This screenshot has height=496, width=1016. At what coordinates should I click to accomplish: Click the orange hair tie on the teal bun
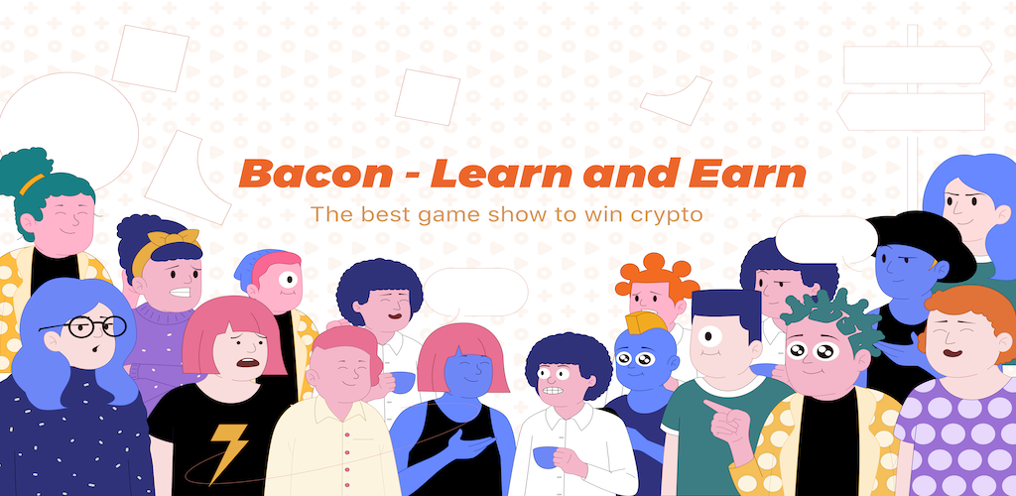pyautogui.click(x=31, y=184)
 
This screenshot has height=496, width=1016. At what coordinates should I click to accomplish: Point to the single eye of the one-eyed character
pyautogui.click(x=286, y=281)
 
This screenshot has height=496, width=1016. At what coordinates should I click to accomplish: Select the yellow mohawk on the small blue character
pyautogui.click(x=645, y=322)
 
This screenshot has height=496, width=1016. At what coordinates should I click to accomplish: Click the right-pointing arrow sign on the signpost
pyautogui.click(x=917, y=64)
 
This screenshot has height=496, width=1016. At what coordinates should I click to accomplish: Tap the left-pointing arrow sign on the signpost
pyautogui.click(x=911, y=111)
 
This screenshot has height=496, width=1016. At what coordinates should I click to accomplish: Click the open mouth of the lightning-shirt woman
pyautogui.click(x=248, y=361)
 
